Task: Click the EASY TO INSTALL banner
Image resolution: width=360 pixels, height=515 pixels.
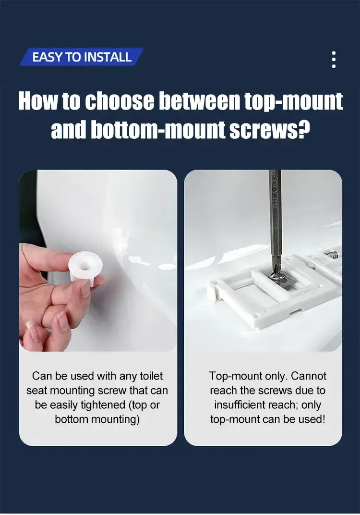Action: [82, 57]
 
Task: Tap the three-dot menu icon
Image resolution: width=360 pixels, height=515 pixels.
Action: [334, 60]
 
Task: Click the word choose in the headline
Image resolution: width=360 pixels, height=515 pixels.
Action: [120, 101]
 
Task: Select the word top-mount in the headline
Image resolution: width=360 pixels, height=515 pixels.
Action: [293, 101]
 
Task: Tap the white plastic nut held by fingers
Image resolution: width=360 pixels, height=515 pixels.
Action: [85, 266]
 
